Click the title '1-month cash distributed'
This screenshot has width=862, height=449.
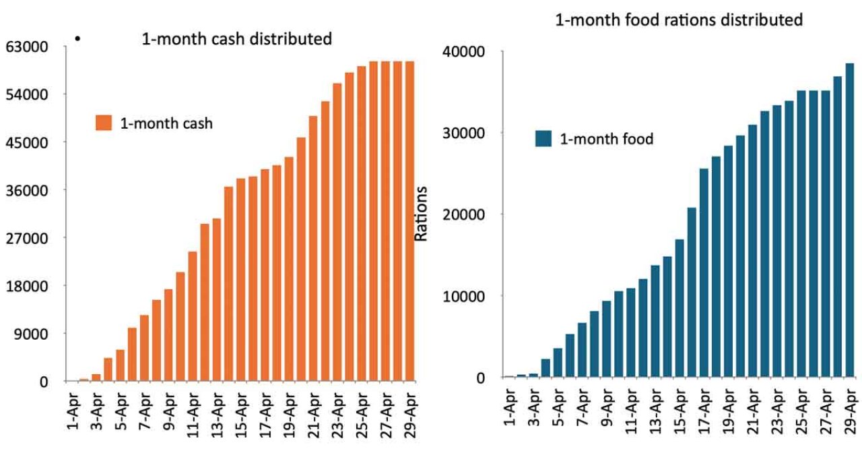[236, 39]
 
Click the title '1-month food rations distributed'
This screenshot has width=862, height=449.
[679, 20]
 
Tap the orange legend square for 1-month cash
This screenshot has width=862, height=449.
[104, 123]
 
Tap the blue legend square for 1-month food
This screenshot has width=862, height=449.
[543, 140]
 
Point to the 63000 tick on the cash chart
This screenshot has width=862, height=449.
[28, 47]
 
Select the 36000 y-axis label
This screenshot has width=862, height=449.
[28, 190]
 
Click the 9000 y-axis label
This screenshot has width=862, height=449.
[31, 334]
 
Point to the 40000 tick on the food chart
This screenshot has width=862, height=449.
[465, 52]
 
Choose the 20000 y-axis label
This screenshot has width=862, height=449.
[465, 215]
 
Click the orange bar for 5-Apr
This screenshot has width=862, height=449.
[121, 365]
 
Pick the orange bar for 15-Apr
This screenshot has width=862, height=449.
[241, 280]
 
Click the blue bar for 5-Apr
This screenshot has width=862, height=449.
[558, 363]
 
